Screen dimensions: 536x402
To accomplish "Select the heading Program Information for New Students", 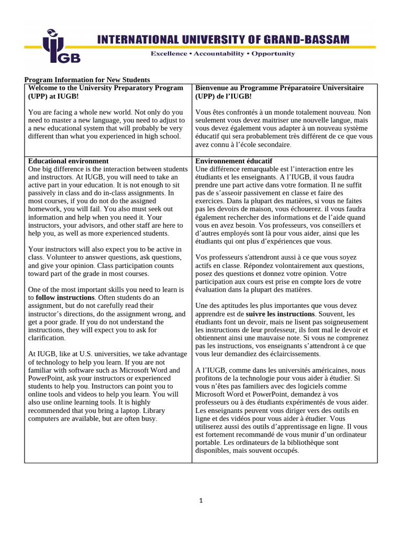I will tap(87, 80).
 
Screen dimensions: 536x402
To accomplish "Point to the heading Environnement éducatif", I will tap(233, 161).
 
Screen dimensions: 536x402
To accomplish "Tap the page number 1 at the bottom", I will tap(201, 500).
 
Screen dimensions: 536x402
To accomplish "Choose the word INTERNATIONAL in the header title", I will tap(138, 40).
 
